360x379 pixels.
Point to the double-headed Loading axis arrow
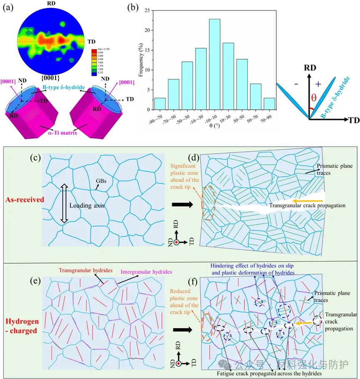64,204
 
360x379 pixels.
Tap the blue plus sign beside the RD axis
318,83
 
